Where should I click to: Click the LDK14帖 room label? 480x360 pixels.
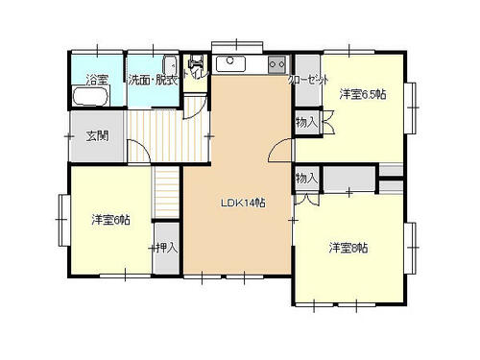243,203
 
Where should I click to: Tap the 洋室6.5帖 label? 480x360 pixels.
363,94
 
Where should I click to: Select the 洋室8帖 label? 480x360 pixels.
348,248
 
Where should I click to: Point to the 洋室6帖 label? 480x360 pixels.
110,220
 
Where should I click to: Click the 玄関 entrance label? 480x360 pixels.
97,136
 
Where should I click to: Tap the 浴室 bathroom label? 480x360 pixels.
97,80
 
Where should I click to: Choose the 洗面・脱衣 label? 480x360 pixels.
153,80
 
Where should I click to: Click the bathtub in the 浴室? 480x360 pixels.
90,96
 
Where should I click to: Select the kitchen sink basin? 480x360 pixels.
230,63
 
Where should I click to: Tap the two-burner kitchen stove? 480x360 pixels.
277,64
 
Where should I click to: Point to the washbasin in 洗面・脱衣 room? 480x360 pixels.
170,65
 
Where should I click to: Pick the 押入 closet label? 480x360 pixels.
166,248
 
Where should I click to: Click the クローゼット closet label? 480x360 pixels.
308,80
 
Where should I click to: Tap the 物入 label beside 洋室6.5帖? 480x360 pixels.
306,122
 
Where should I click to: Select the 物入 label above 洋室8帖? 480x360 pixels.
306,179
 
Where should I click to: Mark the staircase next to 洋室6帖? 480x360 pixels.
166,192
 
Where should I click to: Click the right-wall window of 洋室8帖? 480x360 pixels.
410,248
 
